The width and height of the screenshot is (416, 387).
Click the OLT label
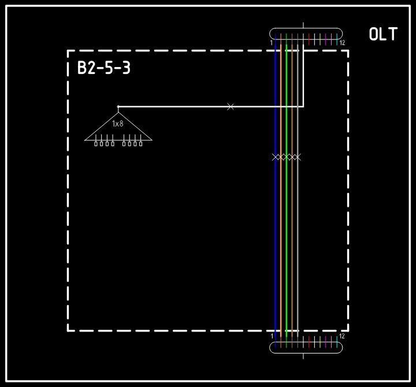(383, 35)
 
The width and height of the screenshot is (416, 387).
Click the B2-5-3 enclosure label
(104, 69)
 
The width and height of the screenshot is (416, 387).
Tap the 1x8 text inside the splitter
(118, 124)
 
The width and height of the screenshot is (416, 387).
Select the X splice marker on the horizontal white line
(231, 107)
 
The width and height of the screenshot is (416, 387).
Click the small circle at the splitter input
(118, 107)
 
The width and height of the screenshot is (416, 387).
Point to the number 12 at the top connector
(342, 43)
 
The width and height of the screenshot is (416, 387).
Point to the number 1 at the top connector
(271, 43)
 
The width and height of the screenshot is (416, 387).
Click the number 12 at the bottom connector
(342, 336)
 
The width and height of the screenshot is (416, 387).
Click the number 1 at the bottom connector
(272, 336)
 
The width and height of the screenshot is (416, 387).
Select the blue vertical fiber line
(276, 231)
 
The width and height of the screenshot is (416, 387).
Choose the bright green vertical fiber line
(287, 231)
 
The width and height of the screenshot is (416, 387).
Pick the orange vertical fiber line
(281, 231)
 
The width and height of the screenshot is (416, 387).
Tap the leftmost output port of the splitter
(96, 143)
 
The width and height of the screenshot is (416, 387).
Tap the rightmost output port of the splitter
(140, 143)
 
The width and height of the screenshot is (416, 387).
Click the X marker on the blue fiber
(276, 157)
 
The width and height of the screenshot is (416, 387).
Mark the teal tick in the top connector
(337, 39)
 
